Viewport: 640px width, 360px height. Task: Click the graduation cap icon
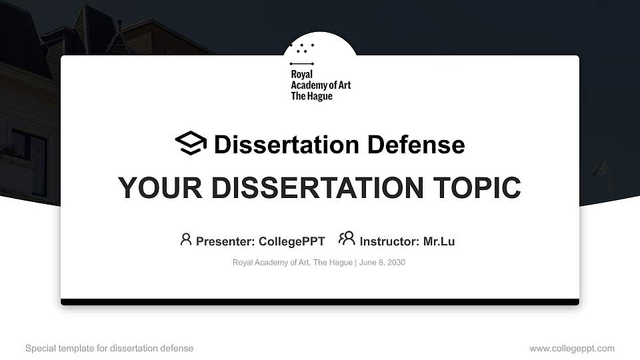[x=191, y=143]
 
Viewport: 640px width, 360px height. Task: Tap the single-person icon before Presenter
[x=186, y=239]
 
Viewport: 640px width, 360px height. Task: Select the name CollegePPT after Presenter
[x=291, y=241]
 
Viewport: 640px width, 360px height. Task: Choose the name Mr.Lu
[x=439, y=241]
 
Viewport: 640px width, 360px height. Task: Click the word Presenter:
[x=225, y=241]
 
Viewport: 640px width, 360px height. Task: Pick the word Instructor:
[x=389, y=241]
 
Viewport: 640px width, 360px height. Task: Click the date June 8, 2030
[x=382, y=263]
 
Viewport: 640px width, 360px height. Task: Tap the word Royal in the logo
[x=301, y=75]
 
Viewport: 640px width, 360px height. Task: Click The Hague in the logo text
[x=311, y=96]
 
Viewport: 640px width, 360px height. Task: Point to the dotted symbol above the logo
[x=303, y=47]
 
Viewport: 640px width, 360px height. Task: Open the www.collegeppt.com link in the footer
[x=572, y=348]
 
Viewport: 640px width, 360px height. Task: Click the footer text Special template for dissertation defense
[x=109, y=348]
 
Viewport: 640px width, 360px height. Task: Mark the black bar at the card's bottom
[x=320, y=302]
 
